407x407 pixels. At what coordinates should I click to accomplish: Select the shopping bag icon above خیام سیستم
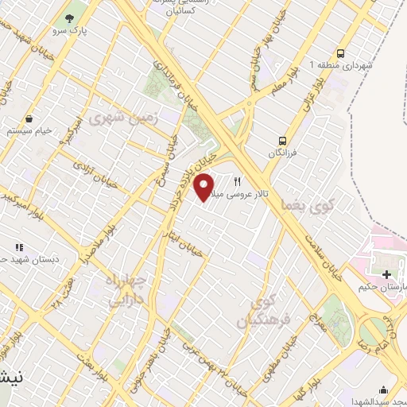(30, 118)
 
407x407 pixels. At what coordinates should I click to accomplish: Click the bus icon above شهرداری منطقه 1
(340, 49)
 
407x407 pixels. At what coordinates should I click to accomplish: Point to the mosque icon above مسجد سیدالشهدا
(385, 390)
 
